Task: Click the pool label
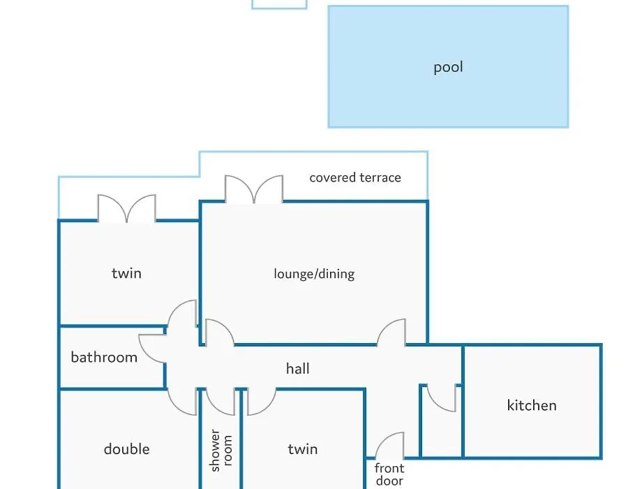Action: tap(448, 67)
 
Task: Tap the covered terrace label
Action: tap(355, 177)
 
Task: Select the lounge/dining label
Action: tap(314, 274)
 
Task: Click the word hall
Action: tap(298, 369)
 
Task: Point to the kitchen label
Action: tap(532, 405)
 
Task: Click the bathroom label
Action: tap(104, 357)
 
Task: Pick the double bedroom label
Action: tap(127, 449)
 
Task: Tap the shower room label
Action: tap(221, 451)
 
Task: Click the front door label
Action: tap(389, 474)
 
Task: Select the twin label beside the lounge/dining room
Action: tap(127, 273)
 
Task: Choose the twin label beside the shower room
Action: tap(303, 449)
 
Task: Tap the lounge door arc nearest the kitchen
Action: tap(385, 326)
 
